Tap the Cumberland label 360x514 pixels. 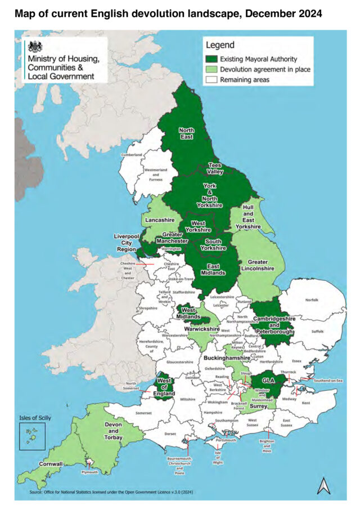click(132, 154)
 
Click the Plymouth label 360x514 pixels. click(90, 472)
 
